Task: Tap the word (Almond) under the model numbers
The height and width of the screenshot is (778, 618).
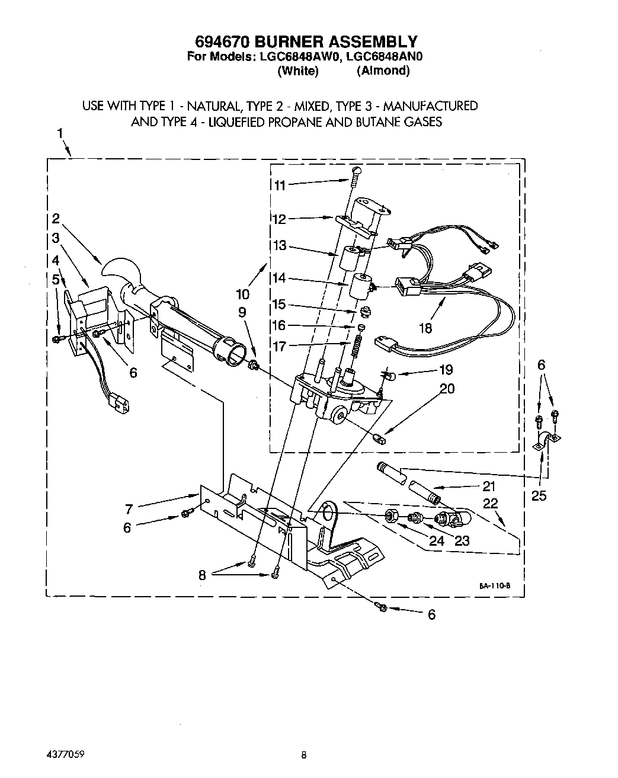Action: pyautogui.click(x=383, y=71)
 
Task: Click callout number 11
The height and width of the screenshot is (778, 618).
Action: pyautogui.click(x=279, y=185)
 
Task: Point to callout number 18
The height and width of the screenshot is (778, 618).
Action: pyautogui.click(x=425, y=327)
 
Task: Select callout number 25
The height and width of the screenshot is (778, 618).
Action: pyautogui.click(x=539, y=495)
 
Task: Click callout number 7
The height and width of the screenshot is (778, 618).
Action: pyautogui.click(x=129, y=507)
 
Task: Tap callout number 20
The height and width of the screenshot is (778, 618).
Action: pyautogui.click(x=447, y=389)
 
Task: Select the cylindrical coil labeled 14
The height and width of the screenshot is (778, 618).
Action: pyautogui.click(x=359, y=285)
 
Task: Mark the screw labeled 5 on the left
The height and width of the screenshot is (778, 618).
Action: pyautogui.click(x=57, y=339)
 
